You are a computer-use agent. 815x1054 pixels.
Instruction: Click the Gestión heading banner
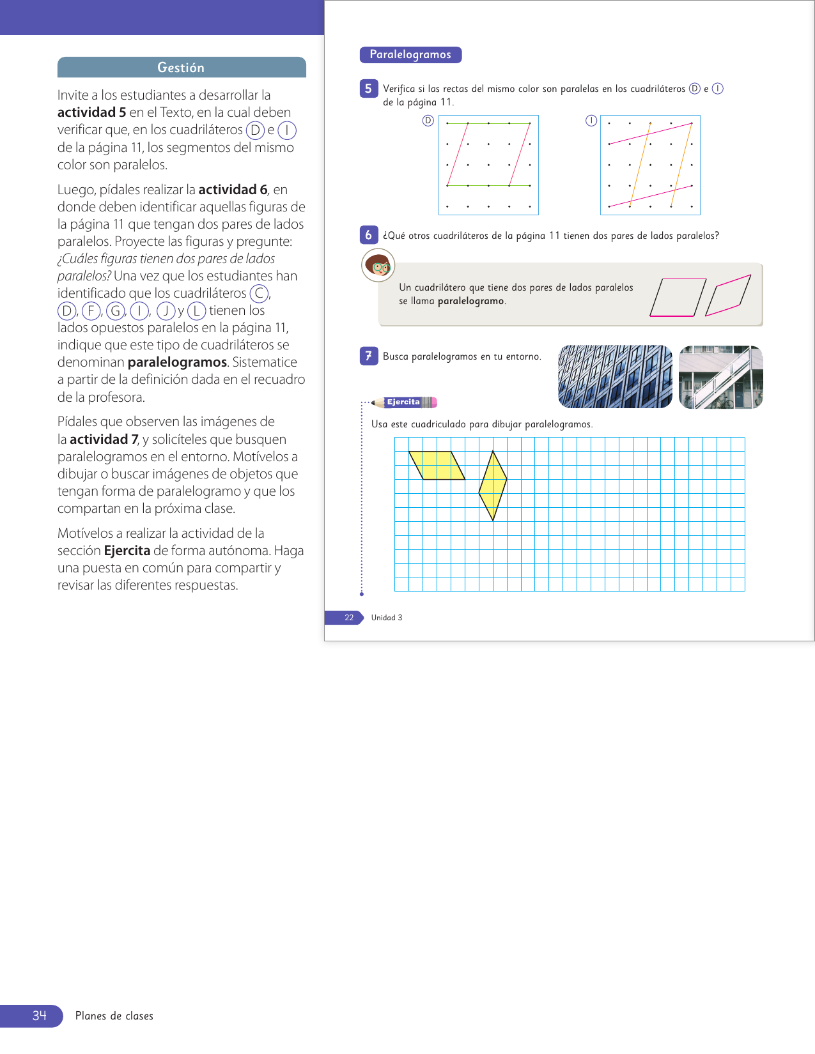182,68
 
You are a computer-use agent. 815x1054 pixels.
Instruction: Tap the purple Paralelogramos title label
410,55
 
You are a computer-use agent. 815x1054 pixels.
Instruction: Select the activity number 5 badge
368,89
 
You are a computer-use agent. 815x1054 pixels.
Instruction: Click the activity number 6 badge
368,235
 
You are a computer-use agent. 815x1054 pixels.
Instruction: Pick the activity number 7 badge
368,356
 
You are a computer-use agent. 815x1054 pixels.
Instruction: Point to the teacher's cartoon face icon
378,265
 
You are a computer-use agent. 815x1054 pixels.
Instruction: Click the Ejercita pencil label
405,402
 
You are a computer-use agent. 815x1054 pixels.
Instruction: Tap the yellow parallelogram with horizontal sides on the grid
437,465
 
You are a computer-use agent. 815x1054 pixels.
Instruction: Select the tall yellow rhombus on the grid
493,485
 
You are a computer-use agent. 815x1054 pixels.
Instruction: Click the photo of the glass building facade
615,377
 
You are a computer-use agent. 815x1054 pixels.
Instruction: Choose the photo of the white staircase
720,377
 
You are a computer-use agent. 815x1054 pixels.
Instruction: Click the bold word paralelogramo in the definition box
470,301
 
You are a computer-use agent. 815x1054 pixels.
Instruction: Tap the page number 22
349,618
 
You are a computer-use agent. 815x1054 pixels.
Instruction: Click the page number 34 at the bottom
40,1016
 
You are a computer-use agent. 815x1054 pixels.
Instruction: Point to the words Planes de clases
114,1016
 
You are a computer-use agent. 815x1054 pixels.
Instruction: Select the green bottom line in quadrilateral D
489,185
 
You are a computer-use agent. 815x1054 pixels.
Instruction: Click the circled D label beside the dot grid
428,121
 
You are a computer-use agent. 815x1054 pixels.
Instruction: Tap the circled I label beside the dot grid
591,121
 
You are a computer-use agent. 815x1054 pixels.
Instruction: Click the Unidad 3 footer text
387,618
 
